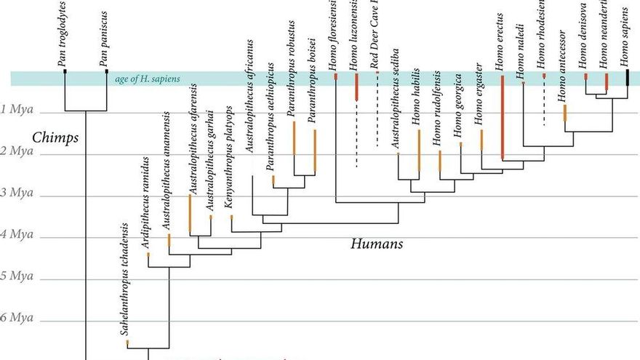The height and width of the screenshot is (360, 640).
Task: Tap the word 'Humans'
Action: point(376,244)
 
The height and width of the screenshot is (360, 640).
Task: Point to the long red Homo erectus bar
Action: point(502,116)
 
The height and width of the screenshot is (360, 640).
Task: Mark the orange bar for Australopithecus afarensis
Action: point(189,212)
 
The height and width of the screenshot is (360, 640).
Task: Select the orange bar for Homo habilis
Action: point(419,150)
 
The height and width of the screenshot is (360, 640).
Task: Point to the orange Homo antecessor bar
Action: point(564,113)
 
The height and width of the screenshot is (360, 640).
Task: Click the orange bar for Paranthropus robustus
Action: point(294,138)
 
